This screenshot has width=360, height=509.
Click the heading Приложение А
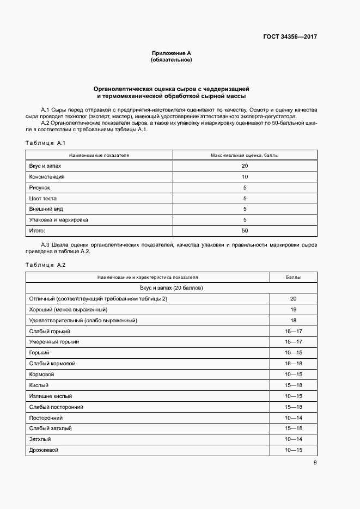pyautogui.click(x=171, y=53)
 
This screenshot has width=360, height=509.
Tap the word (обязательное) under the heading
pyautogui.click(x=171, y=60)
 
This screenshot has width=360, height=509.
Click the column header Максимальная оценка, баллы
pyautogui.click(x=245, y=155)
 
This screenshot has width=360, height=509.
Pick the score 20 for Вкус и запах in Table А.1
pyautogui.click(x=245, y=166)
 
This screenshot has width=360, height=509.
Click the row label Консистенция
pyautogui.click(x=46, y=177)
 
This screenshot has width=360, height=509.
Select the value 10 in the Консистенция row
pyautogui.click(x=245, y=177)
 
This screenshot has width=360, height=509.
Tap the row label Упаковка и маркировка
pyautogui.click(x=58, y=220)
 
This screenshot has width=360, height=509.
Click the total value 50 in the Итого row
pyautogui.click(x=245, y=231)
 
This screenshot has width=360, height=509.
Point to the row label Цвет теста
pyautogui.click(x=42, y=199)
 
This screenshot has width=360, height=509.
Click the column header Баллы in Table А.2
pyautogui.click(x=293, y=277)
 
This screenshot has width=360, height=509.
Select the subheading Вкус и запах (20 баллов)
pyautogui.click(x=171, y=288)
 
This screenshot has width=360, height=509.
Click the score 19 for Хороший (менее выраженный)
pyautogui.click(x=293, y=310)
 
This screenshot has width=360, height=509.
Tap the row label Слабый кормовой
pyautogui.click(x=52, y=364)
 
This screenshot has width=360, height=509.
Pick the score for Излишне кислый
pyautogui.click(x=293, y=396)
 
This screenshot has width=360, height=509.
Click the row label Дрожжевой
pyautogui.click(x=44, y=450)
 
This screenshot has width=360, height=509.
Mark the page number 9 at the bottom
pyautogui.click(x=315, y=463)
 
